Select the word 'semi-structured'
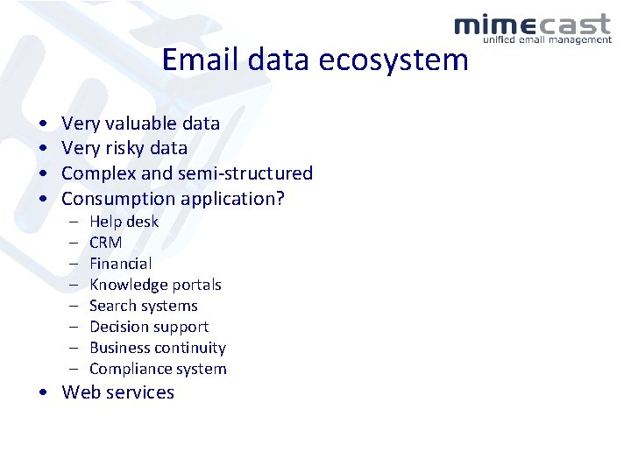click(246, 173)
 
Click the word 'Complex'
click(96, 173)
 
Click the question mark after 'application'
click(280, 199)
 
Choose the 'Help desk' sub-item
click(124, 222)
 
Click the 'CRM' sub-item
click(105, 243)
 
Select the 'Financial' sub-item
click(120, 264)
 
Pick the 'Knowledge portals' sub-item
click(155, 285)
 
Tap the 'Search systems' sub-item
click(144, 306)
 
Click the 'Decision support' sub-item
click(149, 327)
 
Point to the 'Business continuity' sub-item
click(158, 348)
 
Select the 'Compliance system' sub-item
click(158, 369)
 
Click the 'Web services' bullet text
click(117, 392)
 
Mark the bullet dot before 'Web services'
click(43, 393)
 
